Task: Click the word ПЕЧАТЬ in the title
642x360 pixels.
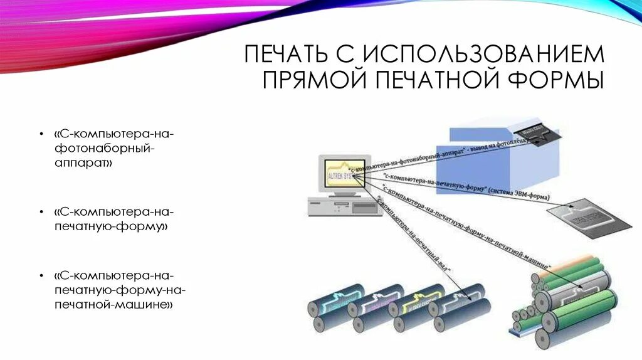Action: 283,55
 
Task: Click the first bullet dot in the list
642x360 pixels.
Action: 40,135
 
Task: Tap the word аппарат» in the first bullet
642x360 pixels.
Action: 84,163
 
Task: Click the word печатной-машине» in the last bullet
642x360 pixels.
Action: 113,304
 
